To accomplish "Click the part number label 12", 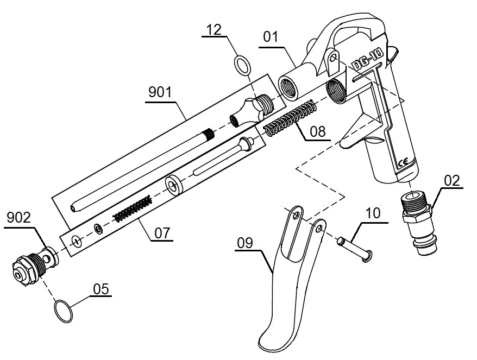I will click(214, 30).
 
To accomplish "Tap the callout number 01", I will click(270, 37).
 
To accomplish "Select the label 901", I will click(160, 92).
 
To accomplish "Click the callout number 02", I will click(451, 180).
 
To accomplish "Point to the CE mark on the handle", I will click(404, 162).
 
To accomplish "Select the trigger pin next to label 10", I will click(353, 248).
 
